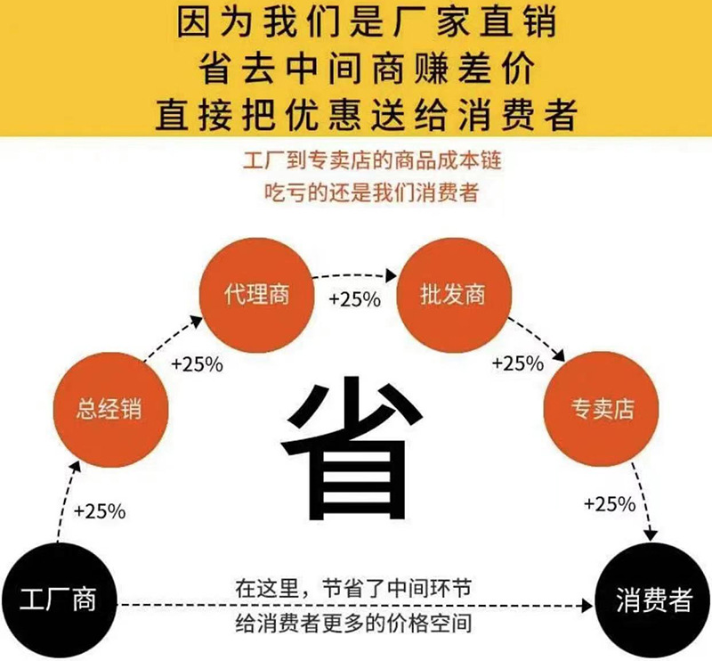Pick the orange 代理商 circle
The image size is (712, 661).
[x=257, y=295]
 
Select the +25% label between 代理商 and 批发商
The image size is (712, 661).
[x=355, y=298]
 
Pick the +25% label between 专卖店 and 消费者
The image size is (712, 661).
[x=610, y=503]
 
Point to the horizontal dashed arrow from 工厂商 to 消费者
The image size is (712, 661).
[x=356, y=606]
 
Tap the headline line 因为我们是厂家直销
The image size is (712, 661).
[x=356, y=23]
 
